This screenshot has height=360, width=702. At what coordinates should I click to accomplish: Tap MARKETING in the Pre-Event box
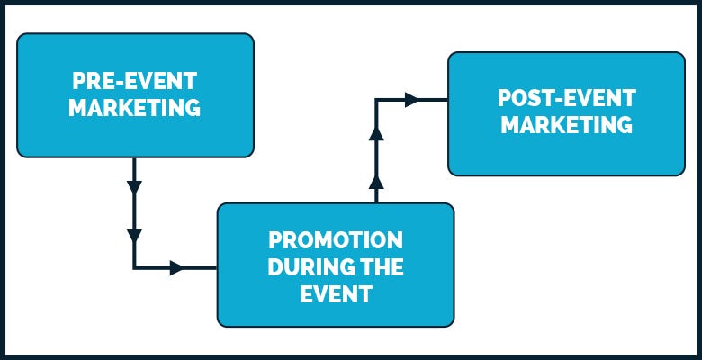(x=135, y=108)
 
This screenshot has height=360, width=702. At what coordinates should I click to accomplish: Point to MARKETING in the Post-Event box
(x=566, y=125)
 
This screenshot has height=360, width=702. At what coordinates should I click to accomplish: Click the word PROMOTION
(x=336, y=241)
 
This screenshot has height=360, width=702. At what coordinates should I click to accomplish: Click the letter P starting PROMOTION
(x=274, y=241)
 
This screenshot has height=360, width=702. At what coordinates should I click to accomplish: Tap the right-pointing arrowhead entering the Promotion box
(x=176, y=267)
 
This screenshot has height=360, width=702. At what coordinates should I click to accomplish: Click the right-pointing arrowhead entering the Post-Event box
(x=411, y=100)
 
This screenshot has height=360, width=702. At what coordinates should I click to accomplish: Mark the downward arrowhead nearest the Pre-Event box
(x=134, y=189)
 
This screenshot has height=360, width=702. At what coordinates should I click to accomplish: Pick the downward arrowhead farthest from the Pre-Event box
(x=134, y=237)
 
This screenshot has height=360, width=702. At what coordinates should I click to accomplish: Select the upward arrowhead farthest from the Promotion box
(x=376, y=134)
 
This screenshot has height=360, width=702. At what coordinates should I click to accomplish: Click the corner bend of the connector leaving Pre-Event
(x=134, y=267)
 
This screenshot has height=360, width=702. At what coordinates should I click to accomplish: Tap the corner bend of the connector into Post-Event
(x=376, y=100)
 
